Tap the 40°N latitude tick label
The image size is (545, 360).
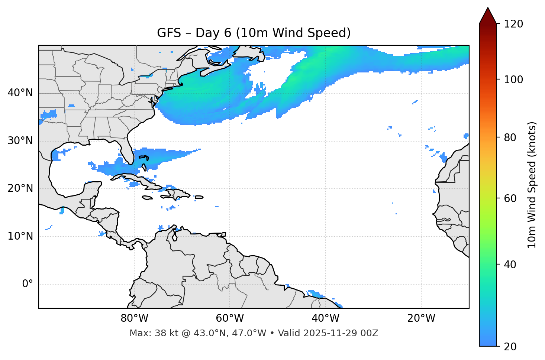pyautogui.click(x=20, y=93)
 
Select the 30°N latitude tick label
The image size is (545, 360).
pyautogui.click(x=20, y=141)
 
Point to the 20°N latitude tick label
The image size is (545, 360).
pyautogui.click(x=20, y=188)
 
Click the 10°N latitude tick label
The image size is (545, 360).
pyautogui.click(x=20, y=236)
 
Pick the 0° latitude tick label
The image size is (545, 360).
pyautogui.click(x=28, y=284)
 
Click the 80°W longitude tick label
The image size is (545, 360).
pyautogui.click(x=134, y=318)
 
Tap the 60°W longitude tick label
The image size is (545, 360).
pyautogui.click(x=230, y=318)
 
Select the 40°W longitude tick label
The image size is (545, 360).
pyautogui.click(x=325, y=318)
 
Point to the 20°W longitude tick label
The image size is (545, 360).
pyautogui.click(x=421, y=318)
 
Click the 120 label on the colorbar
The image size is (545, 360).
pyautogui.click(x=513, y=24)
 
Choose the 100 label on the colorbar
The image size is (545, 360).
pyautogui.click(x=513, y=80)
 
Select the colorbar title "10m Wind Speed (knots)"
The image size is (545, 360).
pyautogui.click(x=532, y=185)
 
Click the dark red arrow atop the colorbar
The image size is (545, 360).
pyautogui.click(x=488, y=16)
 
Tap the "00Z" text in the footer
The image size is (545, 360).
pyautogui.click(x=370, y=333)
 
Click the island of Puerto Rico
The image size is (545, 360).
pyautogui.click(x=199, y=197)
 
